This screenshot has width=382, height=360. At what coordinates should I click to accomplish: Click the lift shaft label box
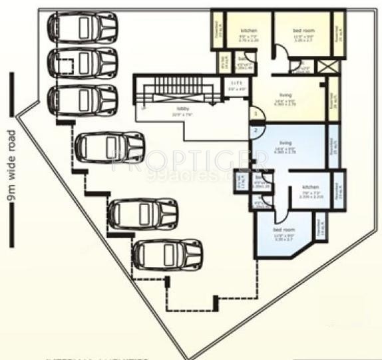234,85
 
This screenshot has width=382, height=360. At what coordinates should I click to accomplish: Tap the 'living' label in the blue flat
286,144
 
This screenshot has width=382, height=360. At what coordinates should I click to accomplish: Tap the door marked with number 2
254,130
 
